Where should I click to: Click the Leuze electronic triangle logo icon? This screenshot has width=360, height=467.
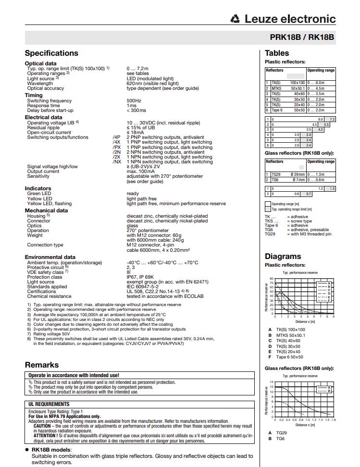tap(236, 19)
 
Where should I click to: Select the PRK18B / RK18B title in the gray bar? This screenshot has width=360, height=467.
tap(302, 37)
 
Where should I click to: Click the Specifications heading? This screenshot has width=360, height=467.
tap(51, 53)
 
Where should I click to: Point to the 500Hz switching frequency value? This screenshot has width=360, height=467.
tap(134, 101)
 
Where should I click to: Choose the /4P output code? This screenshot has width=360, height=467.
tap(116, 137)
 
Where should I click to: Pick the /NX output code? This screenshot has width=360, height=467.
tap(116, 162)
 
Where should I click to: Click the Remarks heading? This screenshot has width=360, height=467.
tap(42, 365)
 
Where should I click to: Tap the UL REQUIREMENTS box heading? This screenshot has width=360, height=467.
tap(49, 405)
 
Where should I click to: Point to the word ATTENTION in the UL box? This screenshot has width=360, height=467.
tap(46, 435)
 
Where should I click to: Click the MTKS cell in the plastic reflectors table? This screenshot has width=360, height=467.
tap(276, 88)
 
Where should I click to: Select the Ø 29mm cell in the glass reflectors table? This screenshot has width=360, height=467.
tap(298, 174)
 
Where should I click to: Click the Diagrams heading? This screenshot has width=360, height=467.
tap(283, 256)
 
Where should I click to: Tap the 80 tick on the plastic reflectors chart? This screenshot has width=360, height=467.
tap(272, 279)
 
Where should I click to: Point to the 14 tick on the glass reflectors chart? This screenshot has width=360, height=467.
tap(272, 381)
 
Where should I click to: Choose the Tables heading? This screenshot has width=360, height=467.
tap(277, 53)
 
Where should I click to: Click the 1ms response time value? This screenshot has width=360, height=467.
tap(131, 106)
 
